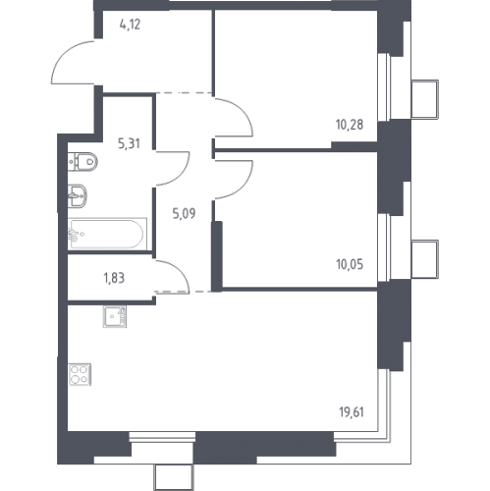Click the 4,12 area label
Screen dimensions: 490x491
(x=130, y=25)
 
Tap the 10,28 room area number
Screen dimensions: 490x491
(x=350, y=125)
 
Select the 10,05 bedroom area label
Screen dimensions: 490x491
(x=350, y=264)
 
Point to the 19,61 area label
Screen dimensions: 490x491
(x=352, y=412)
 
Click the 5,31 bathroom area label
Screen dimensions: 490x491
(x=129, y=143)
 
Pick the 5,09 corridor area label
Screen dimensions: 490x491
(x=184, y=214)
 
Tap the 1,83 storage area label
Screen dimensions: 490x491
(x=114, y=278)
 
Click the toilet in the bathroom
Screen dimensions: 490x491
(x=83, y=161)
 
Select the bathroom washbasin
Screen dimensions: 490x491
(x=78, y=195)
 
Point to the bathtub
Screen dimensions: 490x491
(x=107, y=234)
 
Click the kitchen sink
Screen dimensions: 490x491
(x=115, y=316)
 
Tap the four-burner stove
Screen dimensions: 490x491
(x=80, y=374)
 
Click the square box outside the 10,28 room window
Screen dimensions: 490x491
(x=424, y=99)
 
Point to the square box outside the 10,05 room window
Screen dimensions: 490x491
(x=424, y=259)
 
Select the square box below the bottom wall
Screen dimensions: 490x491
(x=174, y=477)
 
